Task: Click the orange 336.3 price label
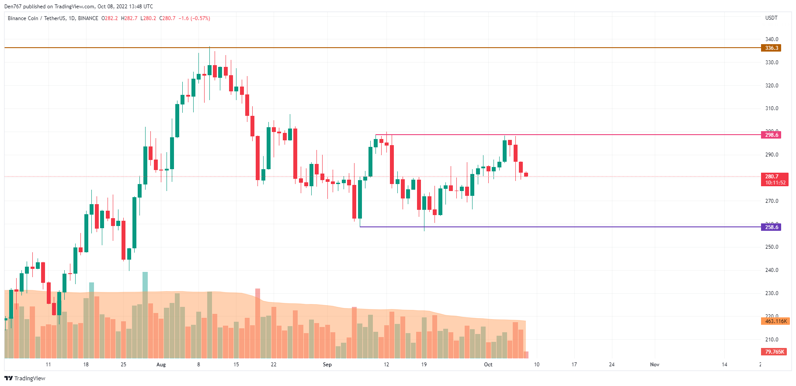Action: click(772, 48)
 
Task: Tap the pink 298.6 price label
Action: click(772, 135)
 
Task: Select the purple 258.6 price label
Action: click(772, 227)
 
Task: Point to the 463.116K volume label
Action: click(776, 321)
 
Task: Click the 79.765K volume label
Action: click(774, 352)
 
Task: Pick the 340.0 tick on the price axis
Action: click(772, 39)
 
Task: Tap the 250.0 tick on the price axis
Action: click(772, 247)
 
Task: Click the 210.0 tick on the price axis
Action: click(772, 340)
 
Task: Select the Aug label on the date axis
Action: click(161, 365)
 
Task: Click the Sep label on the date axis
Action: click(327, 365)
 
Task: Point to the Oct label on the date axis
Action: click(488, 365)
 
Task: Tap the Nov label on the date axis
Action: click(654, 365)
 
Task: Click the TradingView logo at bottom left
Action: click(25, 378)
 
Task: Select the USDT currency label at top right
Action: click(771, 18)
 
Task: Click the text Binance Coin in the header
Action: click(23, 18)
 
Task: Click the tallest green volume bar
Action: click(145, 315)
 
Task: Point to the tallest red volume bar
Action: click(257, 323)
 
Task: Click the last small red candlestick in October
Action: click(526, 174)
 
